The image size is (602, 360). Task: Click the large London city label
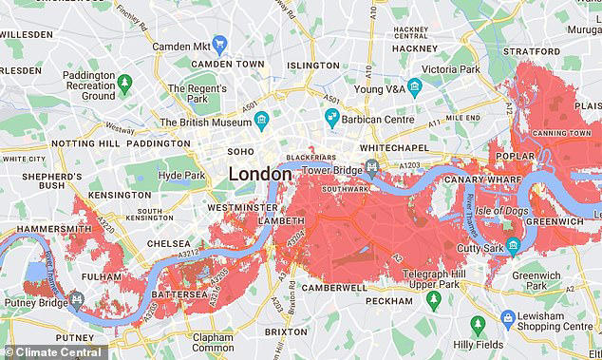tap(260, 175)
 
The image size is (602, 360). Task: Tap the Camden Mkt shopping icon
tap(220, 43)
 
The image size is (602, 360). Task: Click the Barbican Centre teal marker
tap(332, 117)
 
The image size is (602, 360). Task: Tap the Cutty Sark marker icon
tap(513, 247)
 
